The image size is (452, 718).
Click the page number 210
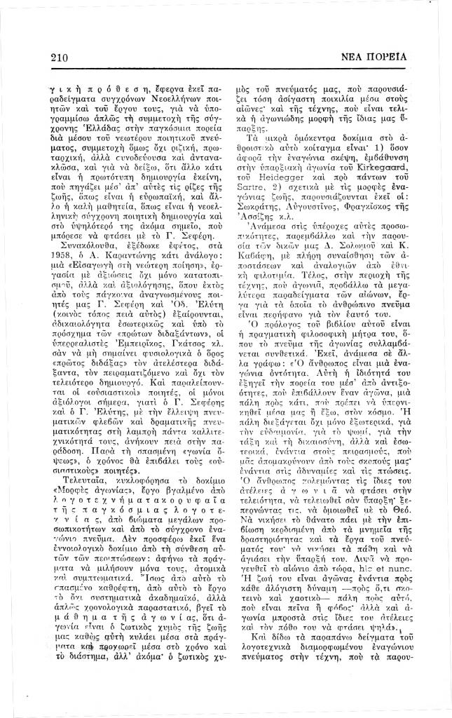[x=61, y=57]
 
